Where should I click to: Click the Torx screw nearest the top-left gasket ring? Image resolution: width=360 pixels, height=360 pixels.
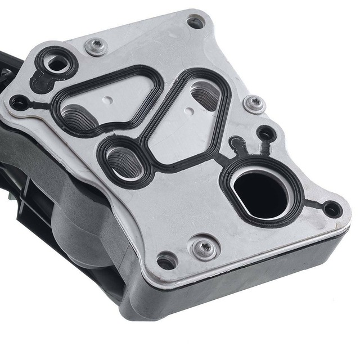coord(97,47)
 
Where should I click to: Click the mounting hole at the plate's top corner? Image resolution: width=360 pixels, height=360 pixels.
coord(195,23)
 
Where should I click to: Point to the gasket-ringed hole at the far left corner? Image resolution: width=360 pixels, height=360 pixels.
coord(20,102)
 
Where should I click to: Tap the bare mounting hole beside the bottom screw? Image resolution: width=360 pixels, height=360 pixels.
coord(167,261)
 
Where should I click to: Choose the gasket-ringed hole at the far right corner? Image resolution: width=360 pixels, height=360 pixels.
coord(332,209)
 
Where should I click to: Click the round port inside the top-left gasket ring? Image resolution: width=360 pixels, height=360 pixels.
coord(57,64)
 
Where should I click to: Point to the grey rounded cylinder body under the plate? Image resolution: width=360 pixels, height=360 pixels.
coord(84,225)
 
